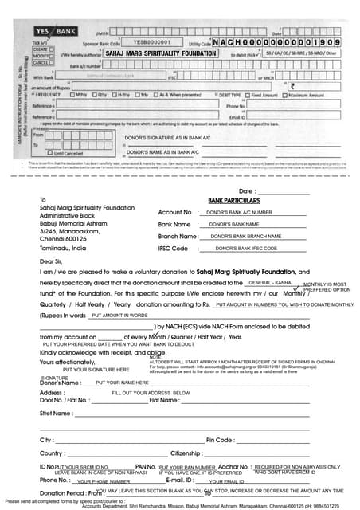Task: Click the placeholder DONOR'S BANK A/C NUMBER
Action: click(239, 213)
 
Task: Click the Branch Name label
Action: click(178, 237)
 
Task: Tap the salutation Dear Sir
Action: click(50, 261)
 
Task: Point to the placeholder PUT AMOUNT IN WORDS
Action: click(119, 316)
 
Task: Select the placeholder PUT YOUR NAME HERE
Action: click(123, 382)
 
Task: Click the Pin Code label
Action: click(219, 440)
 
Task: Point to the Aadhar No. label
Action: click(234, 466)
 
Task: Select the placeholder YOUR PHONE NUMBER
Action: click(104, 482)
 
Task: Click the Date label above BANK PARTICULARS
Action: click(248, 191)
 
